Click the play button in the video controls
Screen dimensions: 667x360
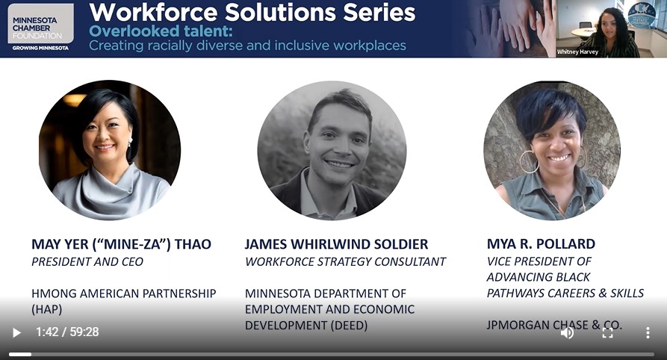pyautogui.click(x=16, y=332)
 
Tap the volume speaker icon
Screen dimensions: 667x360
pyautogui.click(x=567, y=333)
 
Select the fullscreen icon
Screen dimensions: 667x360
pyautogui.click(x=607, y=333)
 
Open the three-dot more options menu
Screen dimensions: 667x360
pyautogui.click(x=648, y=333)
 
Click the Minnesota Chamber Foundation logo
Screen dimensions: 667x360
pyautogui.click(x=40, y=27)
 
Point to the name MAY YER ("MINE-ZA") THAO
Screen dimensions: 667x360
pyautogui.click(x=121, y=244)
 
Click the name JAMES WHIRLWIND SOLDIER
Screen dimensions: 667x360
pyautogui.click(x=336, y=244)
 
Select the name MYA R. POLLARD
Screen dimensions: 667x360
pyautogui.click(x=541, y=243)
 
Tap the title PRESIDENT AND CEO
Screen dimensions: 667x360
pyautogui.click(x=87, y=261)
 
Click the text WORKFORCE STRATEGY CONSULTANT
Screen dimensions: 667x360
pyautogui.click(x=345, y=261)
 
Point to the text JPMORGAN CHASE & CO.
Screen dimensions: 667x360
pyautogui.click(x=554, y=325)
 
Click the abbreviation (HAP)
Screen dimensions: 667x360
pyautogui.click(x=47, y=309)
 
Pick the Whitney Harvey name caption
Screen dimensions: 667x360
pyautogui.click(x=577, y=52)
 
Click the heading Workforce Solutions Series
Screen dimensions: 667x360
pyautogui.click(x=252, y=13)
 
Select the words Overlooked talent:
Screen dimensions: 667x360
pyautogui.click(x=161, y=31)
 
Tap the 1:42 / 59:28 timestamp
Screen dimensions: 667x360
pyautogui.click(x=67, y=332)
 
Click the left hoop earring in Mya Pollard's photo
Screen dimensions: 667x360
pyautogui.click(x=529, y=162)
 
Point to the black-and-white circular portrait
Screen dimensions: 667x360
pyautogui.click(x=332, y=150)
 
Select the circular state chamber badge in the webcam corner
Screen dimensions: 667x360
pyautogui.click(x=642, y=16)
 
